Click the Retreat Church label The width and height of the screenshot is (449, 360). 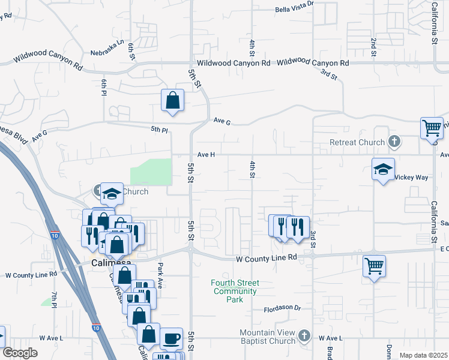(x=357, y=142)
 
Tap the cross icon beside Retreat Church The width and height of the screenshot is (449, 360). (x=394, y=142)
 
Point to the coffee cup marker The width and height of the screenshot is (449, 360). (x=172, y=339)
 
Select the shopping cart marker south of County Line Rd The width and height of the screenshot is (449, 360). (x=375, y=265)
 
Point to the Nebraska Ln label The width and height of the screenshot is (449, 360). (x=107, y=43)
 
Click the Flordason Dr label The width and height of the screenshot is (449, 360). (x=282, y=308)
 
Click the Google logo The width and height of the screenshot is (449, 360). (x=19, y=353)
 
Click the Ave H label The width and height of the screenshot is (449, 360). (x=206, y=154)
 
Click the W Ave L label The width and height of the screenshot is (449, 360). (x=330, y=338)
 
